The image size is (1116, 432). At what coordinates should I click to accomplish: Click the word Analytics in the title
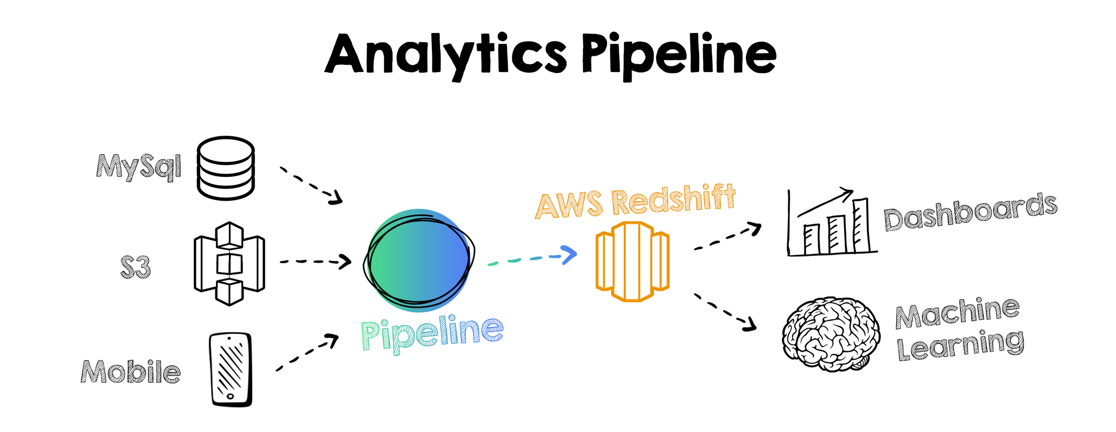pos(446,55)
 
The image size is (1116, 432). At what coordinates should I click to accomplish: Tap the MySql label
pos(139,166)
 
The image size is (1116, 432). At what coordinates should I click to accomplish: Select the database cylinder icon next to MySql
pos(226,168)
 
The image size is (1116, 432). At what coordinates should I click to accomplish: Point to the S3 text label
pos(136,267)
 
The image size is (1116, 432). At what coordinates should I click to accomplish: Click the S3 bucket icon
pos(229,263)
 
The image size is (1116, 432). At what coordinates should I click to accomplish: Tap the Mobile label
pos(131,372)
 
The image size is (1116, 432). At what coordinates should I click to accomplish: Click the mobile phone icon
pos(231,369)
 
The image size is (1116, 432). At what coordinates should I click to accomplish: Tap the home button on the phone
pos(230,396)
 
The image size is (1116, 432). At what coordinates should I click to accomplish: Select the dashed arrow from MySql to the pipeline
pos(310,185)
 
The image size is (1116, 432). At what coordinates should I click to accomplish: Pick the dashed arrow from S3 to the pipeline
pos(315,261)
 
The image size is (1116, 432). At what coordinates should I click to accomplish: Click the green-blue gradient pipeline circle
pos(419,260)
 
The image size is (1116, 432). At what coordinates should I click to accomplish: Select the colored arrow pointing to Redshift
pos(533,258)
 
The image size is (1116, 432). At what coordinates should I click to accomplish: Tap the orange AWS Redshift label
pos(636,201)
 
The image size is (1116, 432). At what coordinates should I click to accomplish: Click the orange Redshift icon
pos(632,261)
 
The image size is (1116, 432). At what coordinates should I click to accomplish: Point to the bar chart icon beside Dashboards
pos(831,224)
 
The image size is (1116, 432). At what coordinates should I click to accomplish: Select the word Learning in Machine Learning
pos(960,345)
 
